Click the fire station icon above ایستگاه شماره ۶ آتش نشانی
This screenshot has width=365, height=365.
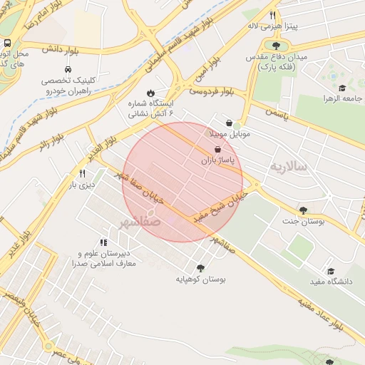click(x=150, y=93)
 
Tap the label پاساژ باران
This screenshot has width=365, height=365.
click(x=217, y=162)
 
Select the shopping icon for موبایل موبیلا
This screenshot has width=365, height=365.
click(x=229, y=123)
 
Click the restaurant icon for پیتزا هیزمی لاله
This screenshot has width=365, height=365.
click(x=272, y=15)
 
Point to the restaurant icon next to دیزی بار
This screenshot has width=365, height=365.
click(x=83, y=173)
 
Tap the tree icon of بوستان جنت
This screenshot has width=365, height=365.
click(x=304, y=210)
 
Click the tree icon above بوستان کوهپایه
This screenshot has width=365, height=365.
click(x=200, y=268)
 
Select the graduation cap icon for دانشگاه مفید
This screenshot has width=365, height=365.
click(x=331, y=271)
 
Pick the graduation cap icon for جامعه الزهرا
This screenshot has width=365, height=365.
click(x=342, y=88)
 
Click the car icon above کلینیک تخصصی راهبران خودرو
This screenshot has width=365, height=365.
click(x=67, y=70)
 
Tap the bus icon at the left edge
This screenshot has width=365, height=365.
click(x=6, y=43)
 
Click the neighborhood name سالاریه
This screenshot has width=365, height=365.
click(x=287, y=166)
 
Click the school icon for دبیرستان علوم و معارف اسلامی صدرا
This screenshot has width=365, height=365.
click(x=104, y=242)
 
